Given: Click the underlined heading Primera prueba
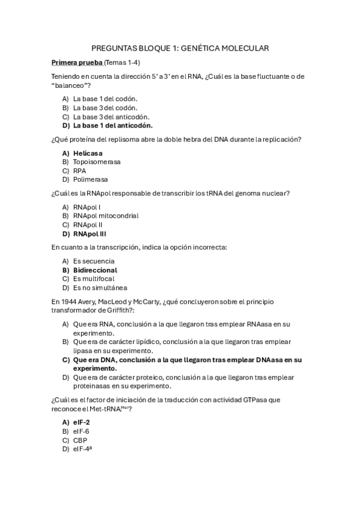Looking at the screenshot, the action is point(77,63).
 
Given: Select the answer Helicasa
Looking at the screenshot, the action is point(88,153).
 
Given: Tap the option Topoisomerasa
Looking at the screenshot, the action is point(97,162).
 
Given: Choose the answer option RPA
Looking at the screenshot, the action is point(80,171).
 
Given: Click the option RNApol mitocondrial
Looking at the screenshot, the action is point(106,215).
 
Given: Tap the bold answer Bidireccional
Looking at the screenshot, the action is point(95,270).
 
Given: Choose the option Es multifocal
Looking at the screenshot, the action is point(94,279).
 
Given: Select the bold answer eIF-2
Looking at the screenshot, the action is point(82,422).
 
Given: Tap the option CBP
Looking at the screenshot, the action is point(80,440).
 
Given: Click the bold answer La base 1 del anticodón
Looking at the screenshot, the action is point(113,126).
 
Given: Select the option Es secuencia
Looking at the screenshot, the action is point(94,261).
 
